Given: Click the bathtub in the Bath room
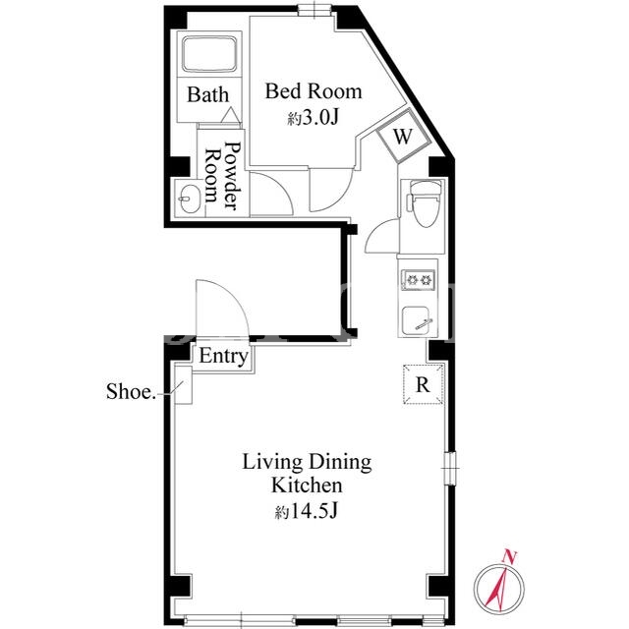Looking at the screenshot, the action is click(209, 54).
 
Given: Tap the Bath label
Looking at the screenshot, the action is click(207, 94).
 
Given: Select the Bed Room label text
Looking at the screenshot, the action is click(314, 91).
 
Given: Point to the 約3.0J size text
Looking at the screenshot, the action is click(314, 118).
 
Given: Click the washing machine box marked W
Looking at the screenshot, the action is click(403, 136).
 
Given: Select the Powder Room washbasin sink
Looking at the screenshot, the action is click(189, 199).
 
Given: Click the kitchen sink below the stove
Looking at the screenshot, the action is click(417, 321).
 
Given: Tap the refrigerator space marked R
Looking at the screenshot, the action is click(423, 384).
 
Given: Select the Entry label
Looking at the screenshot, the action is click(223, 356).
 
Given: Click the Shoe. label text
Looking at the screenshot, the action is click(131, 391).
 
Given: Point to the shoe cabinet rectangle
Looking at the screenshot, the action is click(184, 384).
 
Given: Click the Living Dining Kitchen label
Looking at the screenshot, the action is click(307, 474).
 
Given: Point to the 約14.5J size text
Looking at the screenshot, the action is click(307, 511).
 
